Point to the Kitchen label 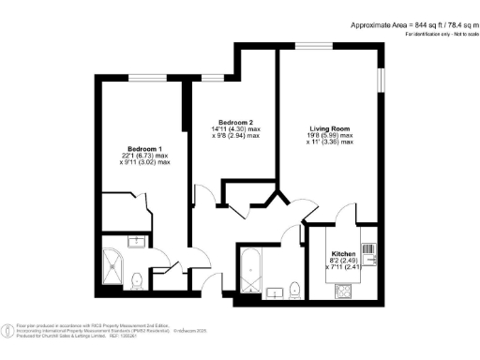[x=341, y=255]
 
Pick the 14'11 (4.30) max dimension [x=239, y=129]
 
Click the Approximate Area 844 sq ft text [x=412, y=24]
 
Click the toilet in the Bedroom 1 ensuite [x=137, y=279]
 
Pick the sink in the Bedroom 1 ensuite [x=136, y=242]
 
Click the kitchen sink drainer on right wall [x=367, y=250]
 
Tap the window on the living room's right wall [x=381, y=81]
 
